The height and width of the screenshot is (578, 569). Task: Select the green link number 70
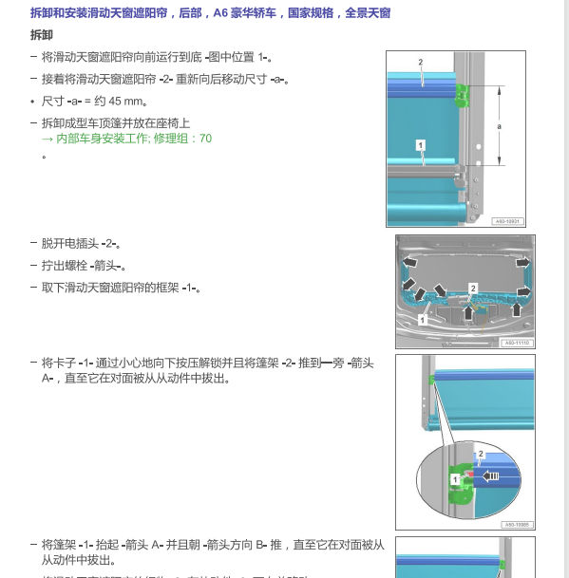[205, 139]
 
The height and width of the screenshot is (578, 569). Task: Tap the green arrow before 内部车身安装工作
[47, 139]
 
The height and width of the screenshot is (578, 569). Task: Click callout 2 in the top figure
[420, 62]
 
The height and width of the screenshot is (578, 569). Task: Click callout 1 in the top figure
[419, 144]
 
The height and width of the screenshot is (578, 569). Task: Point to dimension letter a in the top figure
[499, 126]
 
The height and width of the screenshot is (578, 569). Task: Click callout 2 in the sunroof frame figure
[473, 288]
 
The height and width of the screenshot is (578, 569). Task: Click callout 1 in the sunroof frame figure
[423, 321]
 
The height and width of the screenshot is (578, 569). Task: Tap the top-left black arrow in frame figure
[410, 261]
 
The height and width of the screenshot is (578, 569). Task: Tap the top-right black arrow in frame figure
[522, 261]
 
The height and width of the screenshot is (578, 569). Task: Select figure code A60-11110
[516, 343]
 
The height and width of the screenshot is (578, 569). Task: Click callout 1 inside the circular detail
[455, 480]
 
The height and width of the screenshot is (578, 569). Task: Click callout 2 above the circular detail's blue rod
[481, 455]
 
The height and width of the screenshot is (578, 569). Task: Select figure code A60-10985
[517, 523]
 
